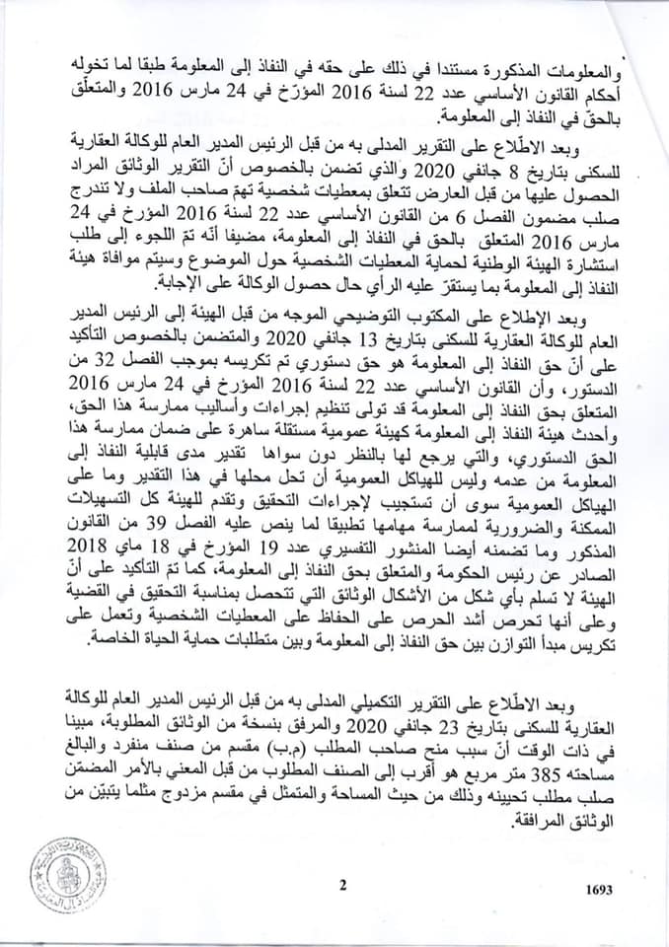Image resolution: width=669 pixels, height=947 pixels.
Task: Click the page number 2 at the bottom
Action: click(x=342, y=884)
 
